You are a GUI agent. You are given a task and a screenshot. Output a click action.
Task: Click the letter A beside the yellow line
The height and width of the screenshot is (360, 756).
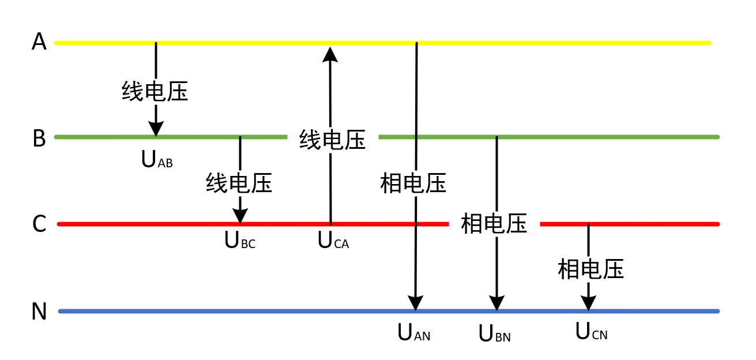click(39, 42)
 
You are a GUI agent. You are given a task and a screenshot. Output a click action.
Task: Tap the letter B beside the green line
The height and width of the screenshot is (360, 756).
click(39, 138)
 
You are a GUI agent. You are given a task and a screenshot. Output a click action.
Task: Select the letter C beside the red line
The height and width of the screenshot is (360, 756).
click(39, 224)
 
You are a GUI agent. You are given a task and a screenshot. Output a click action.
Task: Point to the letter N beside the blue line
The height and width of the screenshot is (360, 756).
click(39, 312)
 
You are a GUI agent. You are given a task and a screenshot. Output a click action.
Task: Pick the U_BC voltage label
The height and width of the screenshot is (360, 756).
click(240, 241)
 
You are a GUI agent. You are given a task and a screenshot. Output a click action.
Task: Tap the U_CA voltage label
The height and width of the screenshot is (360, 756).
click(333, 241)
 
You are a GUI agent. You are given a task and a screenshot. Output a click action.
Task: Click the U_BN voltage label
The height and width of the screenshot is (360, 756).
click(495, 333)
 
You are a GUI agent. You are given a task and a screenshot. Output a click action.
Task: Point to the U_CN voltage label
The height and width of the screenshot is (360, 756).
click(592, 331)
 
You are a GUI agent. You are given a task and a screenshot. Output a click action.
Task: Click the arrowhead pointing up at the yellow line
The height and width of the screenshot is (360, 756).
click(330, 54)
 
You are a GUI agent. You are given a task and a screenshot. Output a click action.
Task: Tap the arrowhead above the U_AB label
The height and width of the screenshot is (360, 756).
click(156, 128)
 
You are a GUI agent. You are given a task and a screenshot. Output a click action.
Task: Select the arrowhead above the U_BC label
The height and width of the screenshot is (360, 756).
click(240, 215)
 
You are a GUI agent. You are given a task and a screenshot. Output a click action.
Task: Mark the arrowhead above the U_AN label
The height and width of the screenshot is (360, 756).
click(416, 303)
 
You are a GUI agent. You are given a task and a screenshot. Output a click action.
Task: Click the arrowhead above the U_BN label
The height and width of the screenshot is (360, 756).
click(497, 303)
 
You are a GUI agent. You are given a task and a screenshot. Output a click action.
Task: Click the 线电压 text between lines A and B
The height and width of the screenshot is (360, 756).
click(155, 91)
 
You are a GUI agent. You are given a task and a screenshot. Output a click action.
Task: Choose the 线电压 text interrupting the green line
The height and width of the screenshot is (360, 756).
click(333, 140)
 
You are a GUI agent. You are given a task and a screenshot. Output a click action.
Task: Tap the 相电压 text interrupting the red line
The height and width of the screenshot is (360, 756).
click(494, 224)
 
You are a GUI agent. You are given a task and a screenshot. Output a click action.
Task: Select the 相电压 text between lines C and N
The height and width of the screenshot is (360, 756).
click(591, 269)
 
